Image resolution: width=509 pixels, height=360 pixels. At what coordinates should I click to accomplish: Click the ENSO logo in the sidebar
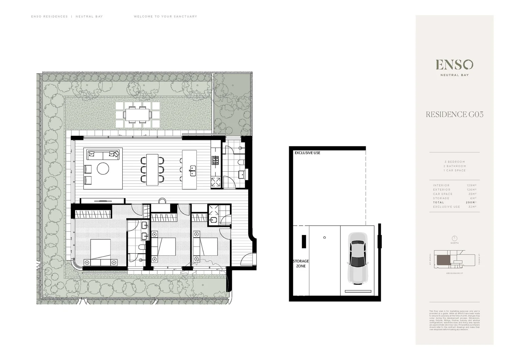454,65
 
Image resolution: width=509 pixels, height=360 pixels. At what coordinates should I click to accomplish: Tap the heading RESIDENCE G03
454,114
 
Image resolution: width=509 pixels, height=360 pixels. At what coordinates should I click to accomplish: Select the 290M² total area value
471,202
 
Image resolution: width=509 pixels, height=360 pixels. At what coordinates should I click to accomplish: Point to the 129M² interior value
471,185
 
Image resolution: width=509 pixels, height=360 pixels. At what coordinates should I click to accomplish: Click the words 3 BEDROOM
454,162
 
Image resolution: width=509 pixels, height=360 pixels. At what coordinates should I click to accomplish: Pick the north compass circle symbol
454,238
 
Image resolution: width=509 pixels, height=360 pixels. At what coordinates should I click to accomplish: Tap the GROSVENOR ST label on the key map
454,273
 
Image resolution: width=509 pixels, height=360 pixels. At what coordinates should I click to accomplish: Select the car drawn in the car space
356,258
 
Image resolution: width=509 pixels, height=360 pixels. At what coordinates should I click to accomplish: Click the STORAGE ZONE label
300,263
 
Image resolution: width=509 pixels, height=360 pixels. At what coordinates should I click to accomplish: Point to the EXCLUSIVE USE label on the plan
307,153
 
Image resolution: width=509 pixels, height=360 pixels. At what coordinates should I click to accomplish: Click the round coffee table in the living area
103,168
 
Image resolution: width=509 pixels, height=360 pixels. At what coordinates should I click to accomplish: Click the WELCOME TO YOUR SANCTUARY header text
165,16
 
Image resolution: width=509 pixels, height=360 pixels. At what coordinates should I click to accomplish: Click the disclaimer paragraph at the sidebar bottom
454,320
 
